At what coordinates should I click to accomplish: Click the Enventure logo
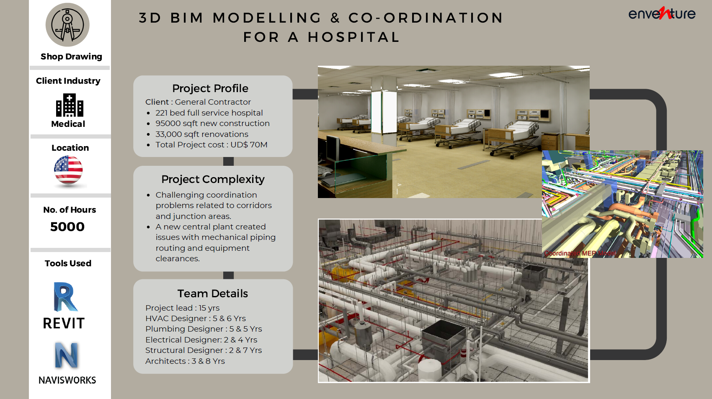pyautogui.click(x=662, y=13)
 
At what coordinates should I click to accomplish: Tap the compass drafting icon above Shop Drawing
pyautogui.click(x=67, y=25)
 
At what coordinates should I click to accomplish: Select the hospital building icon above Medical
pyautogui.click(x=70, y=105)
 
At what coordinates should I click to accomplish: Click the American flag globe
pyautogui.click(x=68, y=170)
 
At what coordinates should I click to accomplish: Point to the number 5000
pyautogui.click(x=67, y=227)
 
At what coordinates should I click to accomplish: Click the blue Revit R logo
pyautogui.click(x=65, y=297)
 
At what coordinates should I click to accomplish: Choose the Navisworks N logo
pyautogui.click(x=67, y=355)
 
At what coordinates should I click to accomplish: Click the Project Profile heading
pyautogui.click(x=210, y=88)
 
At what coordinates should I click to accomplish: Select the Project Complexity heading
pyautogui.click(x=213, y=180)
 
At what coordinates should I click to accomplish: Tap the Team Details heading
pyautogui.click(x=213, y=293)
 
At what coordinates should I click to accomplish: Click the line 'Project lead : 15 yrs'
pyautogui.click(x=183, y=308)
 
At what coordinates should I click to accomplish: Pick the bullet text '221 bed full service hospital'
pyautogui.click(x=209, y=113)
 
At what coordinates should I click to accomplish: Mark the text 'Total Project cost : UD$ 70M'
pyautogui.click(x=212, y=144)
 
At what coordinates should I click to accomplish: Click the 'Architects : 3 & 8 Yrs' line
pyautogui.click(x=185, y=361)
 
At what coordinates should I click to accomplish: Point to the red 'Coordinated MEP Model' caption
pyautogui.click(x=580, y=253)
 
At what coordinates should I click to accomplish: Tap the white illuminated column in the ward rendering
pyautogui.click(x=384, y=112)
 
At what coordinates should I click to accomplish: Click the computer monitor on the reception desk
pyautogui.click(x=333, y=148)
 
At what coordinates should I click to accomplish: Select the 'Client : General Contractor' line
pyautogui.click(x=198, y=102)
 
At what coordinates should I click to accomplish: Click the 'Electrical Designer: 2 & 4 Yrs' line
pyautogui.click(x=201, y=340)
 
